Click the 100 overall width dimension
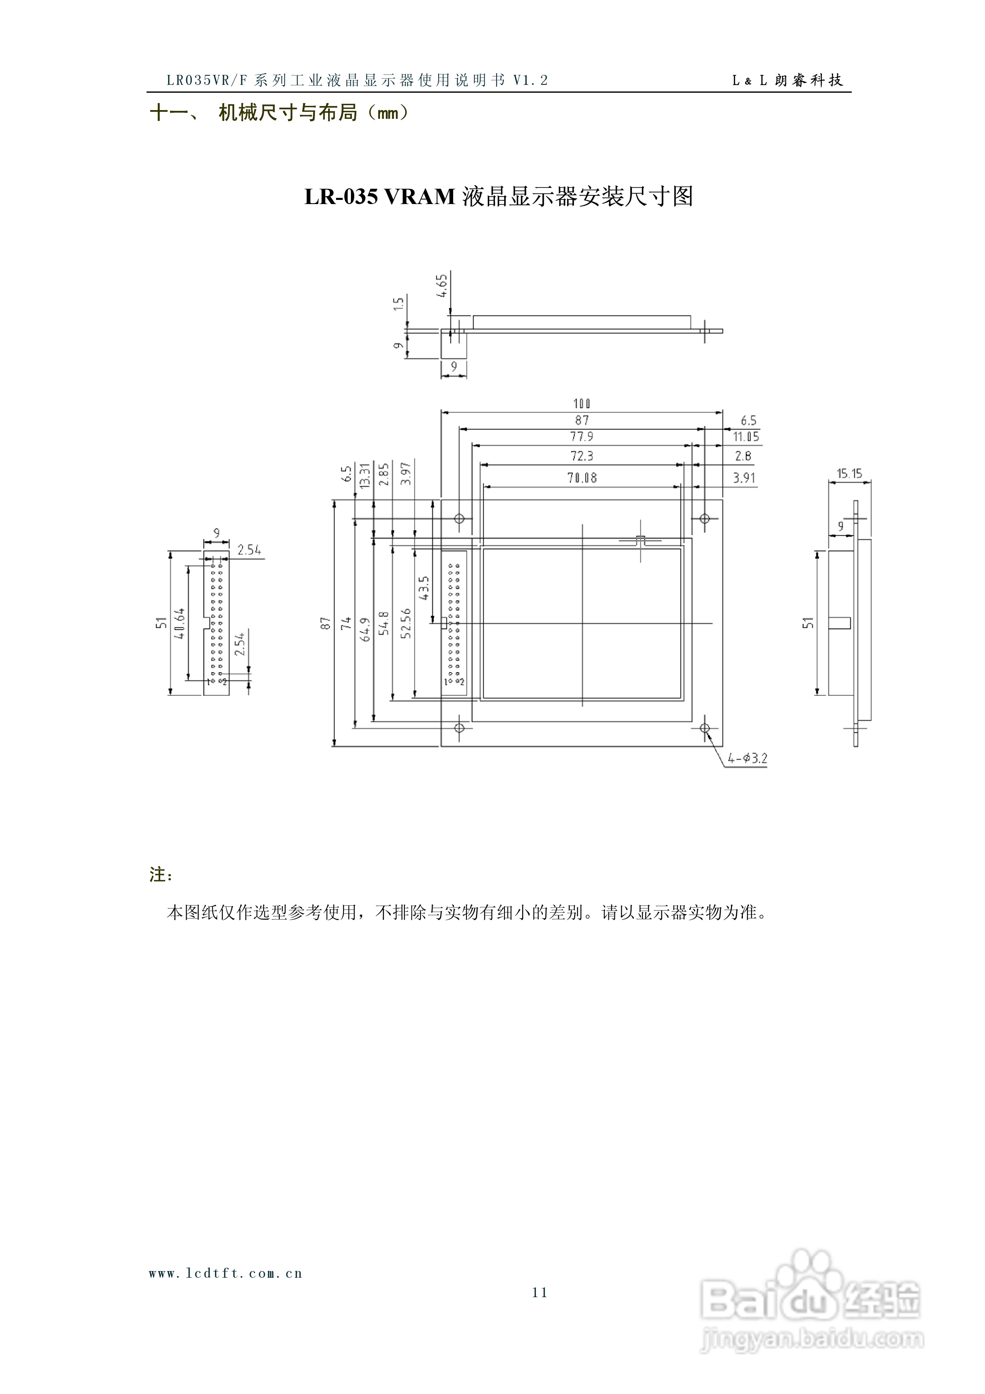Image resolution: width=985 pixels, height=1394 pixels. (x=582, y=404)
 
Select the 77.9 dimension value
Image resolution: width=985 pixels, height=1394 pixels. (x=582, y=437)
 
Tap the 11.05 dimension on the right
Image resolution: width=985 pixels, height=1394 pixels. (x=746, y=437)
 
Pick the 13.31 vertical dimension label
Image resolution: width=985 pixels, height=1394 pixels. (x=364, y=476)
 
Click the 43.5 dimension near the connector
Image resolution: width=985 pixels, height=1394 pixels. (x=424, y=588)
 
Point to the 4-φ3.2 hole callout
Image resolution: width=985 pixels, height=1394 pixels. (x=747, y=758)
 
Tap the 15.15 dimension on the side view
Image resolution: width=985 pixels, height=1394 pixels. (x=849, y=473)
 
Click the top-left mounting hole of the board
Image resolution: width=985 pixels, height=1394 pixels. (x=460, y=519)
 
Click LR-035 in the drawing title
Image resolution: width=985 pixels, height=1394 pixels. (x=341, y=197)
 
